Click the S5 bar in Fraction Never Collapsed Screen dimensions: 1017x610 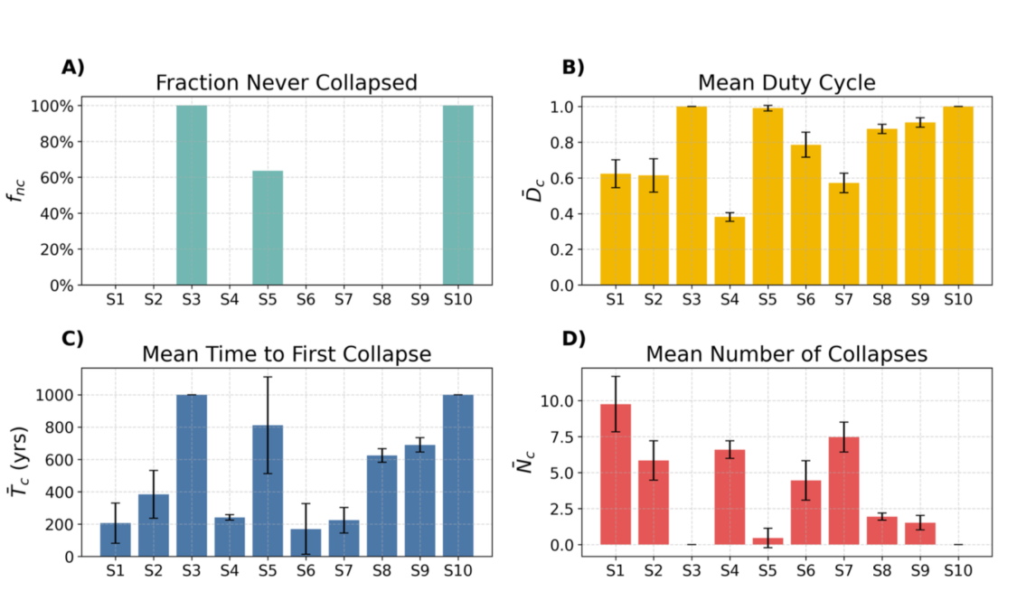point(268,228)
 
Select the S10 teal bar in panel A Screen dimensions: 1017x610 point(458,195)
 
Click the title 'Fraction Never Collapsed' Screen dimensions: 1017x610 point(286,83)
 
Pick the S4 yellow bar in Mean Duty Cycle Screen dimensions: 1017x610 point(730,251)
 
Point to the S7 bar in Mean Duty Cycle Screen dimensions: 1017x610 point(843,234)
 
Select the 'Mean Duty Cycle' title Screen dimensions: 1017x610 point(786,83)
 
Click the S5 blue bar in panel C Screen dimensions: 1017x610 point(268,491)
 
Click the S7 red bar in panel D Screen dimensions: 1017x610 point(843,491)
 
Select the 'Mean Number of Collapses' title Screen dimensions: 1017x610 point(786,354)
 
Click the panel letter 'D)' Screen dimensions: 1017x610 point(573,338)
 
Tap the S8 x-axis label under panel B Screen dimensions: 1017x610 point(882,299)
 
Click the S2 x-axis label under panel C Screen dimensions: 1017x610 point(153,571)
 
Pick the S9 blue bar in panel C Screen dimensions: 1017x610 point(419,501)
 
